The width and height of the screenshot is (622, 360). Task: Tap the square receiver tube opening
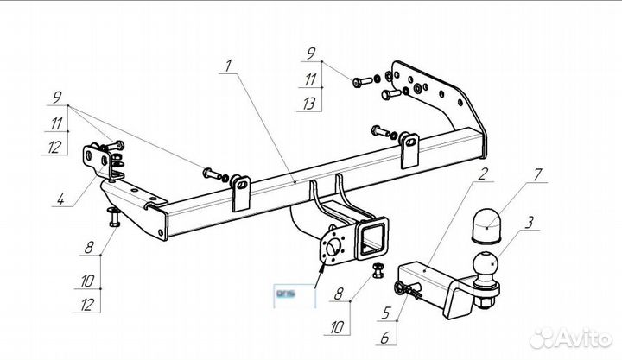[x=375, y=237]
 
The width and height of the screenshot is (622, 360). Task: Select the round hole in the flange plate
[x=333, y=248]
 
